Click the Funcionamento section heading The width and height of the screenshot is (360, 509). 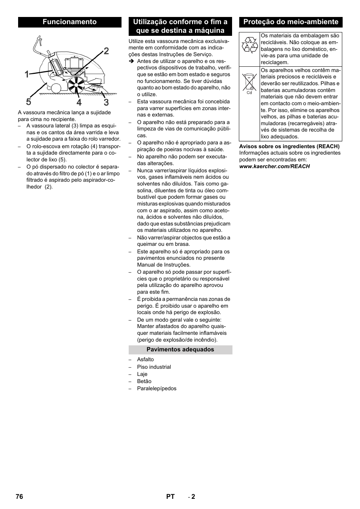69,22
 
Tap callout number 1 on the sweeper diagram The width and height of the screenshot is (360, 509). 27,75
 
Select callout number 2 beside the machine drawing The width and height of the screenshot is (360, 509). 106,51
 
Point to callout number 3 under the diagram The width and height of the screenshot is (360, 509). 106,102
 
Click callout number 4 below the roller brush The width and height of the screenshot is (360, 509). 79,102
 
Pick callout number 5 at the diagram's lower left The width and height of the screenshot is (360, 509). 29,102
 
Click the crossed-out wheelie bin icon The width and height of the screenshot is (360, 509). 249,82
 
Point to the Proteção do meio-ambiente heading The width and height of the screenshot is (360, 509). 291,22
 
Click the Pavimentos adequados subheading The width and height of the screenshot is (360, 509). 180,350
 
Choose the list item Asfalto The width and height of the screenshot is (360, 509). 145,359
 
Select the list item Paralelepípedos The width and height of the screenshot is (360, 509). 157,388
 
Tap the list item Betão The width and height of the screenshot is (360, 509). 144,381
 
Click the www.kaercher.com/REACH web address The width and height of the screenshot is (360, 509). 274,166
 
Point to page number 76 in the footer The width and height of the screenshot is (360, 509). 20,497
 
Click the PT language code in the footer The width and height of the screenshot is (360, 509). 170,497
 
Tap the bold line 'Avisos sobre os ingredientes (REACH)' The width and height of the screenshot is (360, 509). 289,146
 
